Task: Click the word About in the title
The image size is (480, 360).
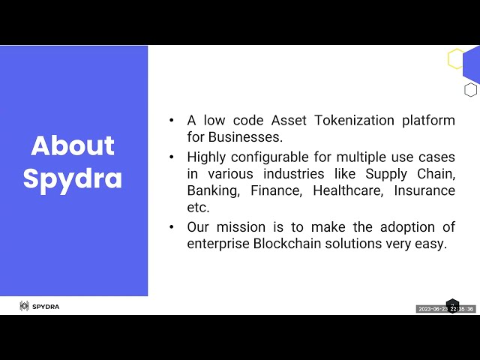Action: click(x=73, y=145)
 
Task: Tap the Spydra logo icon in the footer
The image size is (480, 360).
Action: click(x=24, y=306)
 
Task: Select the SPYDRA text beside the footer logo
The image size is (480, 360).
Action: click(x=46, y=307)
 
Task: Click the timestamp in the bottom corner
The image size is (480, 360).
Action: click(x=445, y=309)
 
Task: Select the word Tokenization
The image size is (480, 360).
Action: click(x=354, y=120)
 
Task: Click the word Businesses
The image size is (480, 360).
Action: click(x=245, y=137)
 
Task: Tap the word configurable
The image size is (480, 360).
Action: click(x=270, y=157)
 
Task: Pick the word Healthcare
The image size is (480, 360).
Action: click(x=348, y=190)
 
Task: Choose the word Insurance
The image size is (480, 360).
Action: click(x=424, y=190)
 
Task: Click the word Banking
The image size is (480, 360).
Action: click(x=213, y=191)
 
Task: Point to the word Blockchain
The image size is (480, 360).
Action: click(x=287, y=244)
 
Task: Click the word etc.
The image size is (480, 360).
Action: click(x=198, y=208)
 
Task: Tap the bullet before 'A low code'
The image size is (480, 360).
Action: click(x=172, y=120)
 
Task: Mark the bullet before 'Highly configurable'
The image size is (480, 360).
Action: click(x=172, y=157)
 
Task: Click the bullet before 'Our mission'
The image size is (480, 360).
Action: click(x=172, y=227)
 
